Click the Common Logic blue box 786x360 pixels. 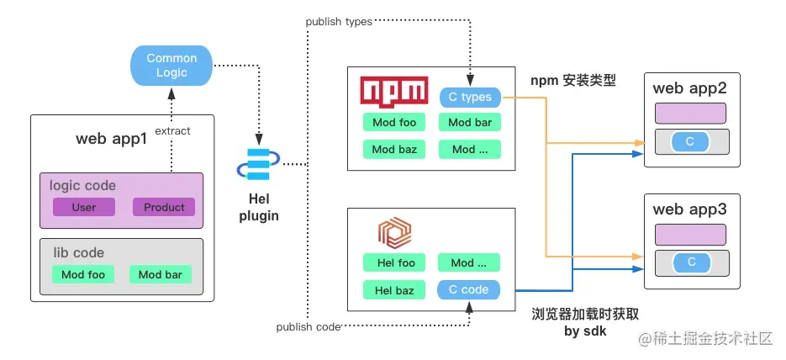click(x=171, y=65)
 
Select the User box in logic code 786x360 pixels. click(x=84, y=207)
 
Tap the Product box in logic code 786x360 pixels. click(x=164, y=207)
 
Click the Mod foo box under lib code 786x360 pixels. click(x=84, y=274)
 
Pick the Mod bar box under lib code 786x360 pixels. click(x=161, y=274)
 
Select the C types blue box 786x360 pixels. click(x=470, y=98)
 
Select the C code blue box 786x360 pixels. click(x=469, y=289)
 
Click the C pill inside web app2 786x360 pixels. click(x=689, y=142)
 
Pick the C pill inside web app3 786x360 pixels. click(x=691, y=262)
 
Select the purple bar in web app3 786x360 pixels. click(x=690, y=234)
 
